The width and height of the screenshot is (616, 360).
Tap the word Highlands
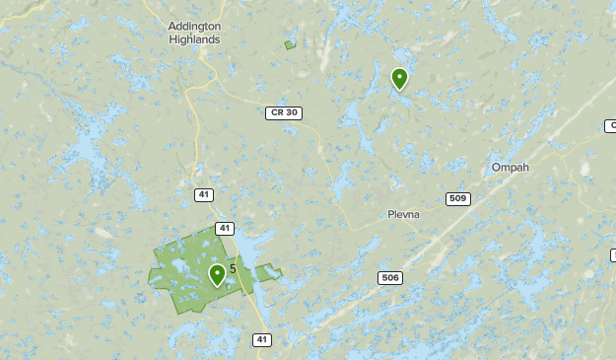194,38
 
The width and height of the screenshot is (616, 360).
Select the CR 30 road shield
283,113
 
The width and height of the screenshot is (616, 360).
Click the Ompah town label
510,168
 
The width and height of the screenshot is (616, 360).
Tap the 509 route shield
457,199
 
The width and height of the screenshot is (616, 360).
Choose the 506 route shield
390,278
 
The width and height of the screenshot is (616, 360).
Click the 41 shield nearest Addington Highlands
203,194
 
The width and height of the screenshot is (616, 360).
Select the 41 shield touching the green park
226,229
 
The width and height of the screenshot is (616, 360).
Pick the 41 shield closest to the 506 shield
261,339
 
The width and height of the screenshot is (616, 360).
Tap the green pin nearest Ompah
399,78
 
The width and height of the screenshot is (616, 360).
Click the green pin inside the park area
217,274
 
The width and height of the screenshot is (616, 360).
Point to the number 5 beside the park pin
233,268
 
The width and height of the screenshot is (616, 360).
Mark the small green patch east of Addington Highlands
290,44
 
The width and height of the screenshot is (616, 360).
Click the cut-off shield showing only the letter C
611,125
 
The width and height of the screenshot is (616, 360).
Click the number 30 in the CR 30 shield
290,113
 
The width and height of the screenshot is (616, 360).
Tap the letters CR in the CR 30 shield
276,113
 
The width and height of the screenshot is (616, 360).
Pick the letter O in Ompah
496,168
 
